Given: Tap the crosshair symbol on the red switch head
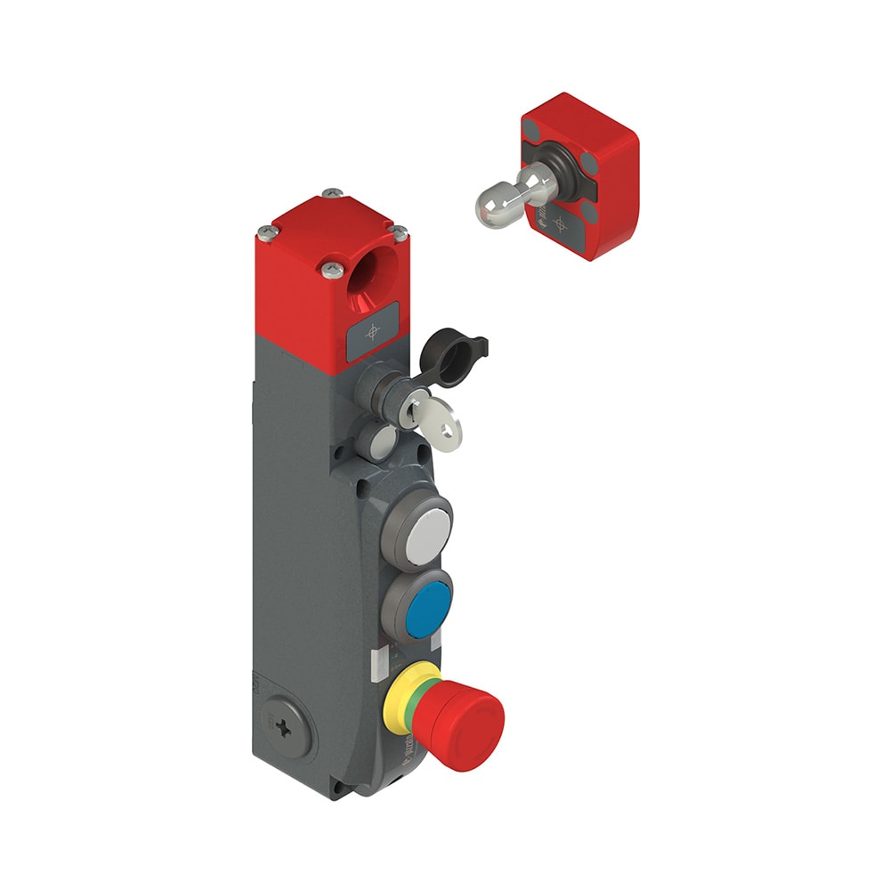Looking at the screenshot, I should tap(372, 331).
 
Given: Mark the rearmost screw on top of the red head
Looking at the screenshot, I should tap(332, 192).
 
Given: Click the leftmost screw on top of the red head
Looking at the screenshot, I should tap(264, 233).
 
